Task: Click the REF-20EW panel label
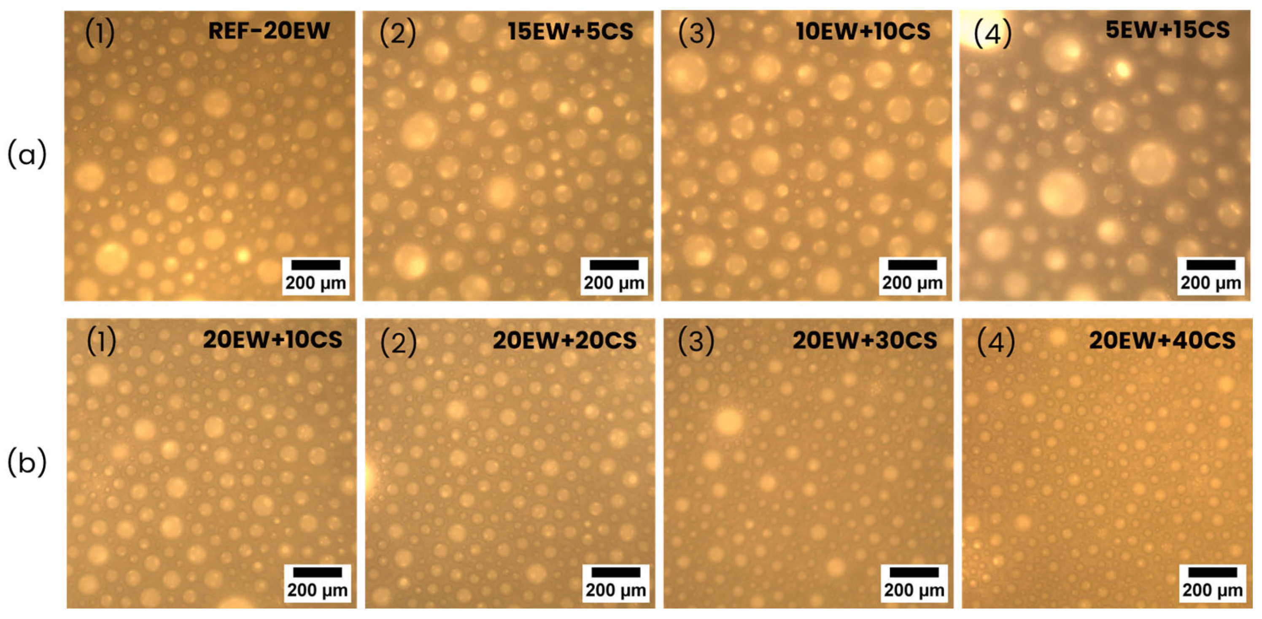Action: (269, 31)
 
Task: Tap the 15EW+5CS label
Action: (570, 31)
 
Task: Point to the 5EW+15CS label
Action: (1168, 30)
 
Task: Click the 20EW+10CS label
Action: (272, 340)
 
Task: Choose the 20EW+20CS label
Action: (564, 340)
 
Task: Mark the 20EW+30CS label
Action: (865, 340)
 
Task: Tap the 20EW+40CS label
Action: (1162, 340)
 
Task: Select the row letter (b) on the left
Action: (27, 463)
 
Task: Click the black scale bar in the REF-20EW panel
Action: (315, 265)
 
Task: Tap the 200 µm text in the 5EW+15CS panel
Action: (1211, 283)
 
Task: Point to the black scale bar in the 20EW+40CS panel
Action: (1213, 572)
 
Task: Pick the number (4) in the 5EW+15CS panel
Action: (992, 33)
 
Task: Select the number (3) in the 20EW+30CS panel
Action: (696, 341)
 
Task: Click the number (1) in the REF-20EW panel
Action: (100, 33)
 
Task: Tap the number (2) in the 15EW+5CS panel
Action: (398, 33)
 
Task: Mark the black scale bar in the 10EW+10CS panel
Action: (912, 265)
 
